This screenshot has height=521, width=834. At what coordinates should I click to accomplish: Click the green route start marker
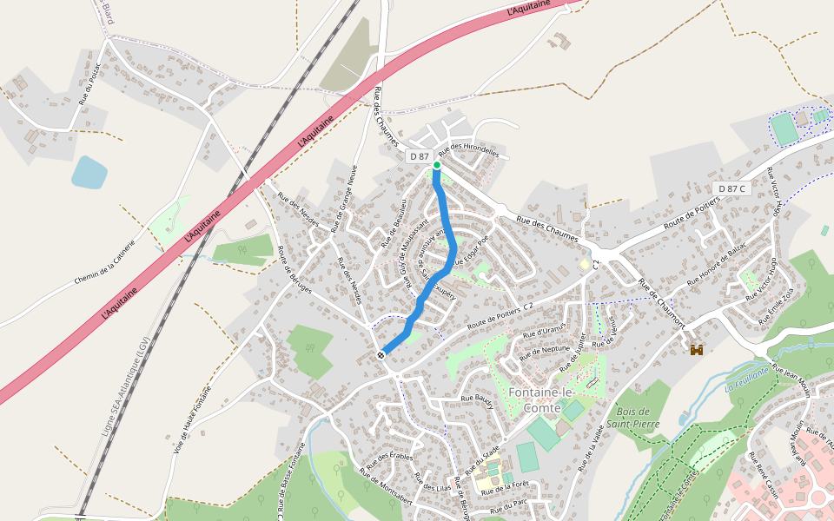pyautogui.click(x=437, y=165)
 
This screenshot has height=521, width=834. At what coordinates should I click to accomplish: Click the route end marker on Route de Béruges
pyautogui.click(x=381, y=354)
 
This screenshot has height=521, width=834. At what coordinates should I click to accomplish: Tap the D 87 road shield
pyautogui.click(x=419, y=156)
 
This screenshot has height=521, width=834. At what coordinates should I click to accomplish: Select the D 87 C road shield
pyautogui.click(x=731, y=188)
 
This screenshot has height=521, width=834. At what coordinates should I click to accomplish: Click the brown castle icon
pyautogui.click(x=696, y=350)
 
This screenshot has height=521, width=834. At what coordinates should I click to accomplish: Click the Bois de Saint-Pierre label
pyautogui.click(x=638, y=417)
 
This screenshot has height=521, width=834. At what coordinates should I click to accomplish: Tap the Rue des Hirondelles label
pyautogui.click(x=470, y=150)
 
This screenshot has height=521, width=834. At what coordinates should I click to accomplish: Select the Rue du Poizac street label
pyautogui.click(x=89, y=84)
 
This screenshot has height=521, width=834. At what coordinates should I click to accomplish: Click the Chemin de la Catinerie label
pyautogui.click(x=104, y=263)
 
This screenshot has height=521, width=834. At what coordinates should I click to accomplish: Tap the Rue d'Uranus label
pyautogui.click(x=545, y=332)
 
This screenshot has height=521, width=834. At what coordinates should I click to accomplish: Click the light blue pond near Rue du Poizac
pyautogui.click(x=89, y=172)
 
